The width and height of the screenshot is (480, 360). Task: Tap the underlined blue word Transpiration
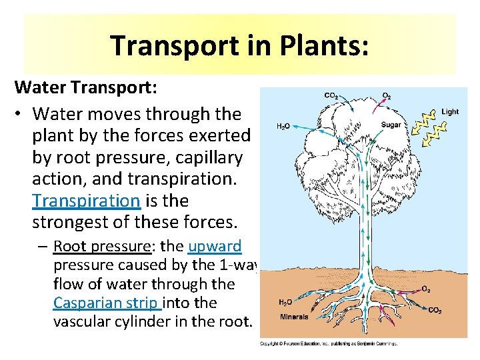86,200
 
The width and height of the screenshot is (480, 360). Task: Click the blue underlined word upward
215,246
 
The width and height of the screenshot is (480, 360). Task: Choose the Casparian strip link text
107,303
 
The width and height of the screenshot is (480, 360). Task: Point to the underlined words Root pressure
103,246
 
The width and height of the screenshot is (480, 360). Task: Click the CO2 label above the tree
331,96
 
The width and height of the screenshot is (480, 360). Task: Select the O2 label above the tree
387,96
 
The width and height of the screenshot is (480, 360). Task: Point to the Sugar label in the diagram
391,125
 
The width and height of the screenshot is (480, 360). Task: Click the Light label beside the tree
450,112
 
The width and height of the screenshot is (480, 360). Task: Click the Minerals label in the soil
294,317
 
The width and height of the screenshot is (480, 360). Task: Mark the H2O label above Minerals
285,302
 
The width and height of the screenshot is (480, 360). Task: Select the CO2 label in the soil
435,310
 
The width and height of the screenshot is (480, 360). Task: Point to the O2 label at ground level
426,289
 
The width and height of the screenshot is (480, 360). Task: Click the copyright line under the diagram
328,344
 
